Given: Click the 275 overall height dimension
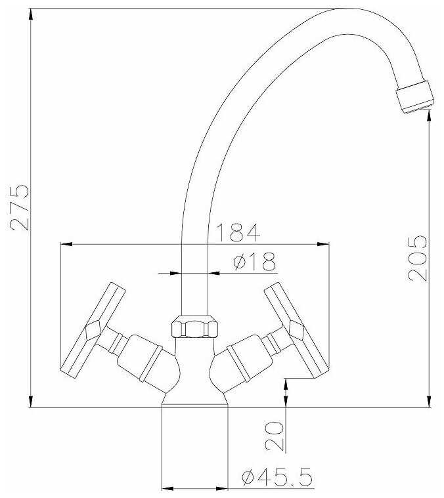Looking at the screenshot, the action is click(x=20, y=207).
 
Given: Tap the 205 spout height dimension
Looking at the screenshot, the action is click(x=417, y=259).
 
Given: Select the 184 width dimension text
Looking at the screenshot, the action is click(x=238, y=232).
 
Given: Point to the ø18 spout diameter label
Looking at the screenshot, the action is click(x=254, y=262).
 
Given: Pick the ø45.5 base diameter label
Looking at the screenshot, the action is click(x=277, y=477).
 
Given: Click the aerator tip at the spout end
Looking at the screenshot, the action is click(x=414, y=96).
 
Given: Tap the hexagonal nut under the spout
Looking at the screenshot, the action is click(x=194, y=327).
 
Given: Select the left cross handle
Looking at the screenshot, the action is click(x=93, y=330).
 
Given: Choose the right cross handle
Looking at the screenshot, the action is click(x=297, y=330).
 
